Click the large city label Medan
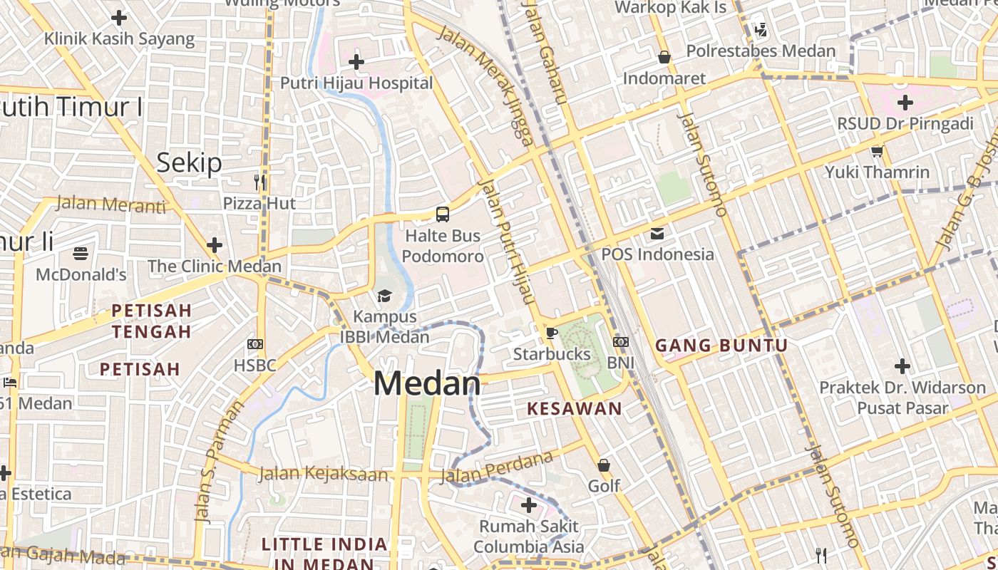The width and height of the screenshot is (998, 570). point(427,384)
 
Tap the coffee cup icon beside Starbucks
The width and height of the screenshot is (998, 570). point(551,332)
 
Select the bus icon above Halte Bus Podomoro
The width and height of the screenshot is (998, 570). point(443,214)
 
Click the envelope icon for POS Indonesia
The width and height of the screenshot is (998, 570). point(657,233)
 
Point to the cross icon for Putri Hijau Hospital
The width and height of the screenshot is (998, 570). point(356,62)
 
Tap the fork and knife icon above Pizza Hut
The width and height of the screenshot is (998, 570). point(259,182)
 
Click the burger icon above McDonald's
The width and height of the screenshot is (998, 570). point(81,253)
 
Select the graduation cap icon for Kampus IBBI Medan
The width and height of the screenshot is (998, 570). point(384,296)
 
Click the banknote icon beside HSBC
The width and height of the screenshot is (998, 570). point(254,344)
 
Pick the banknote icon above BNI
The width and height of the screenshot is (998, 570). point(620,342)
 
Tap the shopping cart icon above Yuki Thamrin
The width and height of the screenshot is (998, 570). point(877,151)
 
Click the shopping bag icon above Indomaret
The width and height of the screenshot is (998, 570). point(664,57)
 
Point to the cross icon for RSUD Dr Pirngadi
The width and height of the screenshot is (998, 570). point(905,103)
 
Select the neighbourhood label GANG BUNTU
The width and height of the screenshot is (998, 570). point(721,346)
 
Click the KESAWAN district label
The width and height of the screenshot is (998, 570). point(575,409)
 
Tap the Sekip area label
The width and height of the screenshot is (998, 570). point(189,163)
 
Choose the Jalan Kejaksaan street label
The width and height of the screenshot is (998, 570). point(324,473)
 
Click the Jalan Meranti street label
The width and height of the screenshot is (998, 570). point(110,204)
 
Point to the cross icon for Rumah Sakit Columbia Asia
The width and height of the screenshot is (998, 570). point(529,506)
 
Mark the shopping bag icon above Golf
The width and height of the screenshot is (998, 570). point(604,465)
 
